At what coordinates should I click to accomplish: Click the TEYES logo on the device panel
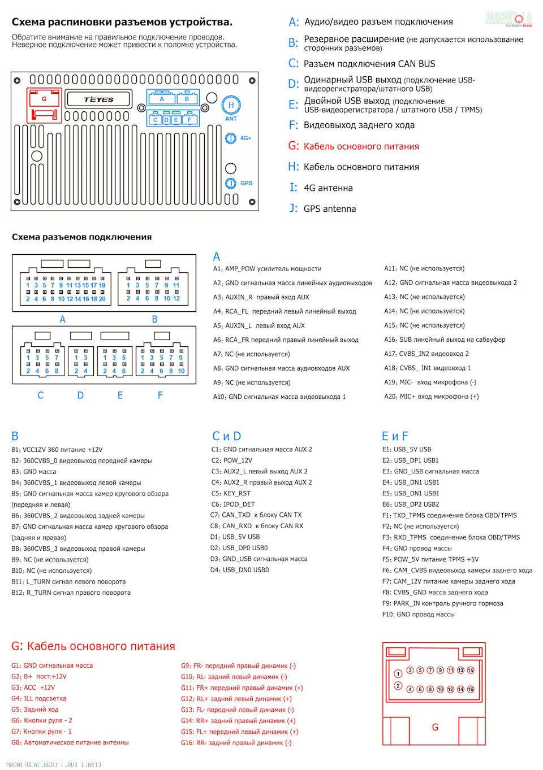[x=99, y=99]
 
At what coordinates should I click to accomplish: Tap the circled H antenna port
[x=231, y=105]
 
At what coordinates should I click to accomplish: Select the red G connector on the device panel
[x=44, y=106]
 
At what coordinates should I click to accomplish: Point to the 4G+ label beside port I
[x=245, y=138]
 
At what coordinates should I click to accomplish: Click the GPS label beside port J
[x=246, y=183]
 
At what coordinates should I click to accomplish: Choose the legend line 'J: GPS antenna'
[x=322, y=208]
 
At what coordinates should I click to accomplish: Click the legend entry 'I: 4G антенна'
[x=321, y=188]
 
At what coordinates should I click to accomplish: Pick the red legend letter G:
[x=293, y=146]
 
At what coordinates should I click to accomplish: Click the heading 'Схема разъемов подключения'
[x=81, y=237]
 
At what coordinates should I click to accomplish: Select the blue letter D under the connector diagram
[x=80, y=395]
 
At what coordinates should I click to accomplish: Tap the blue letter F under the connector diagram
[x=160, y=395]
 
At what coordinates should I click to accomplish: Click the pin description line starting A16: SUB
[x=445, y=340]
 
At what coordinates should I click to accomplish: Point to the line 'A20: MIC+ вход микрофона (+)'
[x=431, y=397]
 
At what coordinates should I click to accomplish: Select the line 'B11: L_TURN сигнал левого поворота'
[x=68, y=581]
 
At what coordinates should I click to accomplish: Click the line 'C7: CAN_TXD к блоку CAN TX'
[x=256, y=515]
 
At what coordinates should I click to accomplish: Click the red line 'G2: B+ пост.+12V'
[x=39, y=676]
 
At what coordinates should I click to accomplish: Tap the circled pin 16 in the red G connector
[x=471, y=689]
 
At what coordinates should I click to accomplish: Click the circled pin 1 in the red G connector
[x=398, y=673]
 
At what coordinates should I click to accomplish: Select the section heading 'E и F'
[x=395, y=436]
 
